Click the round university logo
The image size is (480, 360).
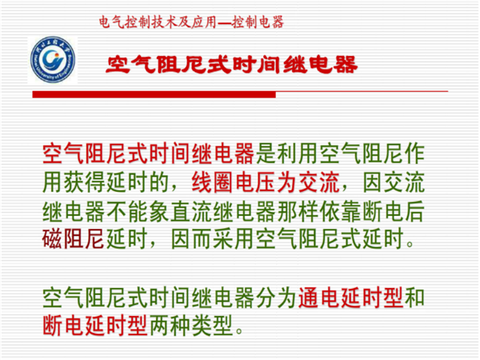pyautogui.click(x=53, y=60)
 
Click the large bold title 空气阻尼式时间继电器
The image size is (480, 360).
pyautogui.click(x=232, y=65)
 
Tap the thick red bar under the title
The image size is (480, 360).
pyautogui.click(x=154, y=94)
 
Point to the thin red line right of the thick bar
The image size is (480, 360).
pyautogui.click(x=362, y=91)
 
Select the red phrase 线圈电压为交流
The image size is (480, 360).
pyautogui.click(x=266, y=182)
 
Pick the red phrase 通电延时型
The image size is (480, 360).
pyautogui.click(x=350, y=298)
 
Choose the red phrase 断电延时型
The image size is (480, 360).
pyautogui.click(x=95, y=326)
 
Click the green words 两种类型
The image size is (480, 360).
pyautogui.click(x=191, y=326)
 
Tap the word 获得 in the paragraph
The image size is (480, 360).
pyautogui.click(x=84, y=182)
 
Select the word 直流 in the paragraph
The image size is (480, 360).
pyautogui.click(x=191, y=211)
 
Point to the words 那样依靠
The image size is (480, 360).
pyautogui.click(x=319, y=211)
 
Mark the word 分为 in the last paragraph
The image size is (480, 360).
pyautogui.click(x=276, y=298)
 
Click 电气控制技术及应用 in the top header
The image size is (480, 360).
pyautogui.click(x=158, y=22)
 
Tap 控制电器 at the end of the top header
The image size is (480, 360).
pyautogui.click(x=258, y=22)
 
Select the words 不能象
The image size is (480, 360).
pyautogui.click(x=138, y=211)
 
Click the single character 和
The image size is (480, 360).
pyautogui.click(x=414, y=298)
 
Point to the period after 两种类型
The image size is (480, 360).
pyautogui.click(x=239, y=331)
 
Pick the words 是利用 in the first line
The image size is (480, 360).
pyautogui.click(x=287, y=154)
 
